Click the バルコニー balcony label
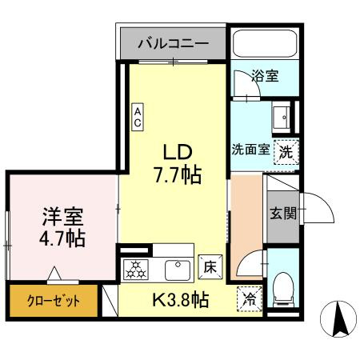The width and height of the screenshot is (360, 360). tap(174, 44)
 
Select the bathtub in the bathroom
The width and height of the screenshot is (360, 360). tap(263, 47)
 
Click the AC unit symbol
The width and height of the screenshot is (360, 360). tap(138, 118)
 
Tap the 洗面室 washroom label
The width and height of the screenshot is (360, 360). tap(250, 150)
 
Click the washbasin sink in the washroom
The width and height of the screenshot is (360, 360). tap(282, 118)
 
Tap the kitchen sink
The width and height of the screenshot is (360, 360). tap(175, 269)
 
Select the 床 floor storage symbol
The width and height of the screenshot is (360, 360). tap(210, 267)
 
